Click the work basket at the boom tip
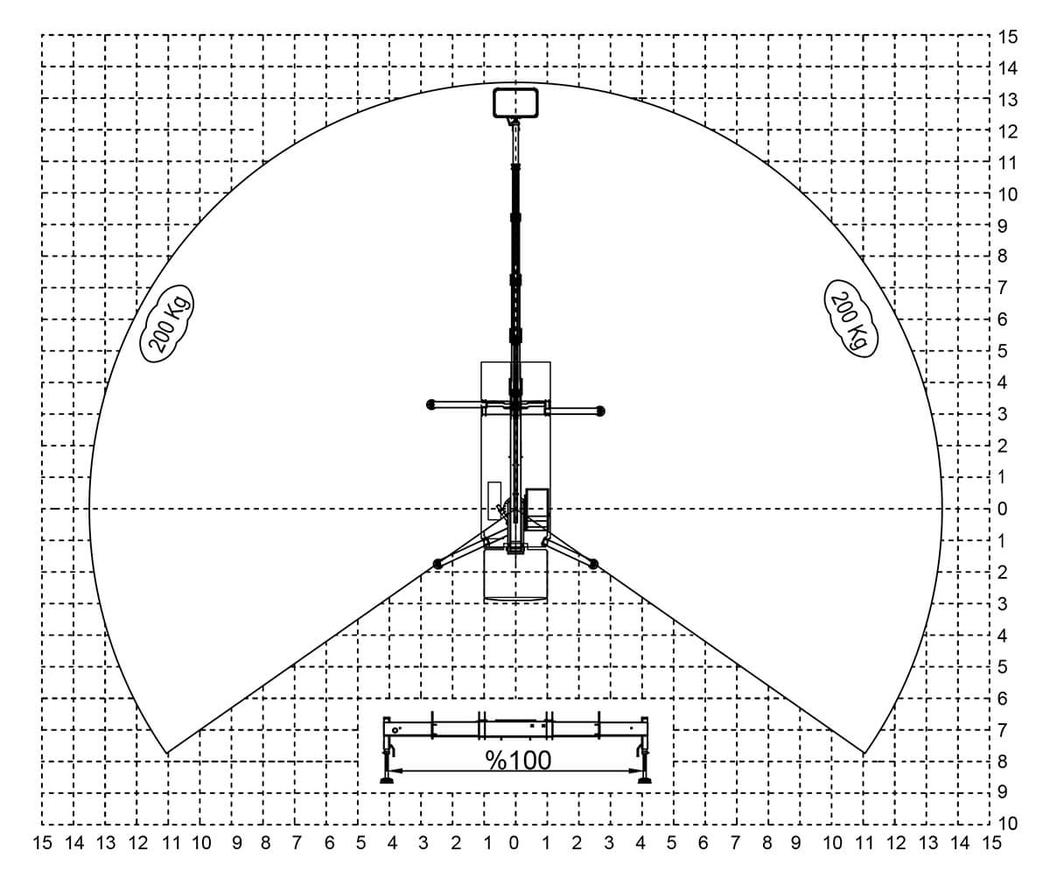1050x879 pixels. [515, 103]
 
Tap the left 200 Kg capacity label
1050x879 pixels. [167, 324]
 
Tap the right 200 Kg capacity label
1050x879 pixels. [850, 319]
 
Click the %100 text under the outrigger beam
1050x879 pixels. [518, 760]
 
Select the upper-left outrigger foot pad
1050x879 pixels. [431, 404]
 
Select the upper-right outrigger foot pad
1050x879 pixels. [600, 411]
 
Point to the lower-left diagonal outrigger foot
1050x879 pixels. [438, 564]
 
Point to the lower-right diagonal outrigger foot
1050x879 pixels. [593, 564]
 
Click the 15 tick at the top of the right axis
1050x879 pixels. [1007, 37]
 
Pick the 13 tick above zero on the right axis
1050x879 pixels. [1007, 100]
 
